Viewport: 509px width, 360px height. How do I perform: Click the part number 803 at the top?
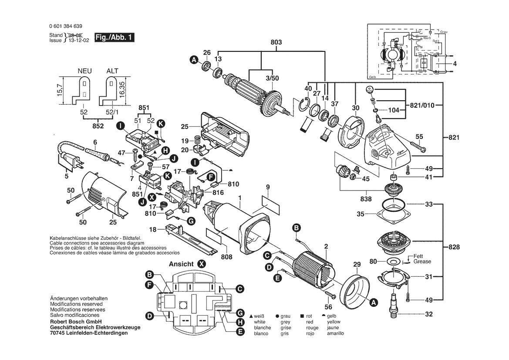tap(276, 42)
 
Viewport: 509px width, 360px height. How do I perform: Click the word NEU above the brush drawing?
tap(85, 71)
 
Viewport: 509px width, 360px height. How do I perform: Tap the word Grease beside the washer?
tap(422, 262)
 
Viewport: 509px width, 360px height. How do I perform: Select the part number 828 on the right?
tap(454, 247)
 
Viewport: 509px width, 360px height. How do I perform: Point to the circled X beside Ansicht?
tap(201, 264)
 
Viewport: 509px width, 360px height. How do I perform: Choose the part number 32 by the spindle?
tap(429, 314)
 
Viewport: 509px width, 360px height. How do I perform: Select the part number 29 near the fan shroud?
tap(357, 265)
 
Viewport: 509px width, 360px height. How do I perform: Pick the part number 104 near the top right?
tap(394, 110)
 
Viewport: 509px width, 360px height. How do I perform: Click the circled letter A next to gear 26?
tap(193, 61)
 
